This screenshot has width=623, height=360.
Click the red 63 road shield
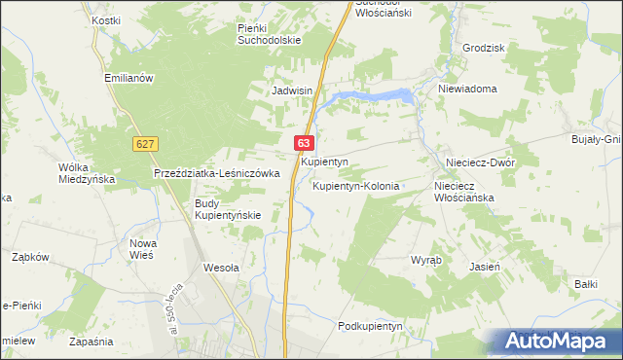click(x=306, y=143)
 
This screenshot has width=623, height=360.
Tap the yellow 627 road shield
click(x=145, y=144)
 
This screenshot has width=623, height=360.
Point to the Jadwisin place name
click(x=291, y=90)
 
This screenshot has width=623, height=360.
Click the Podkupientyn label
click(x=370, y=326)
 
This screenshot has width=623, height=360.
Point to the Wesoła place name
click(x=221, y=266)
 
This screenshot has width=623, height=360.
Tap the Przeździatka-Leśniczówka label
click(x=217, y=173)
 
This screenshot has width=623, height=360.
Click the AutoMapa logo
click(x=558, y=341)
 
